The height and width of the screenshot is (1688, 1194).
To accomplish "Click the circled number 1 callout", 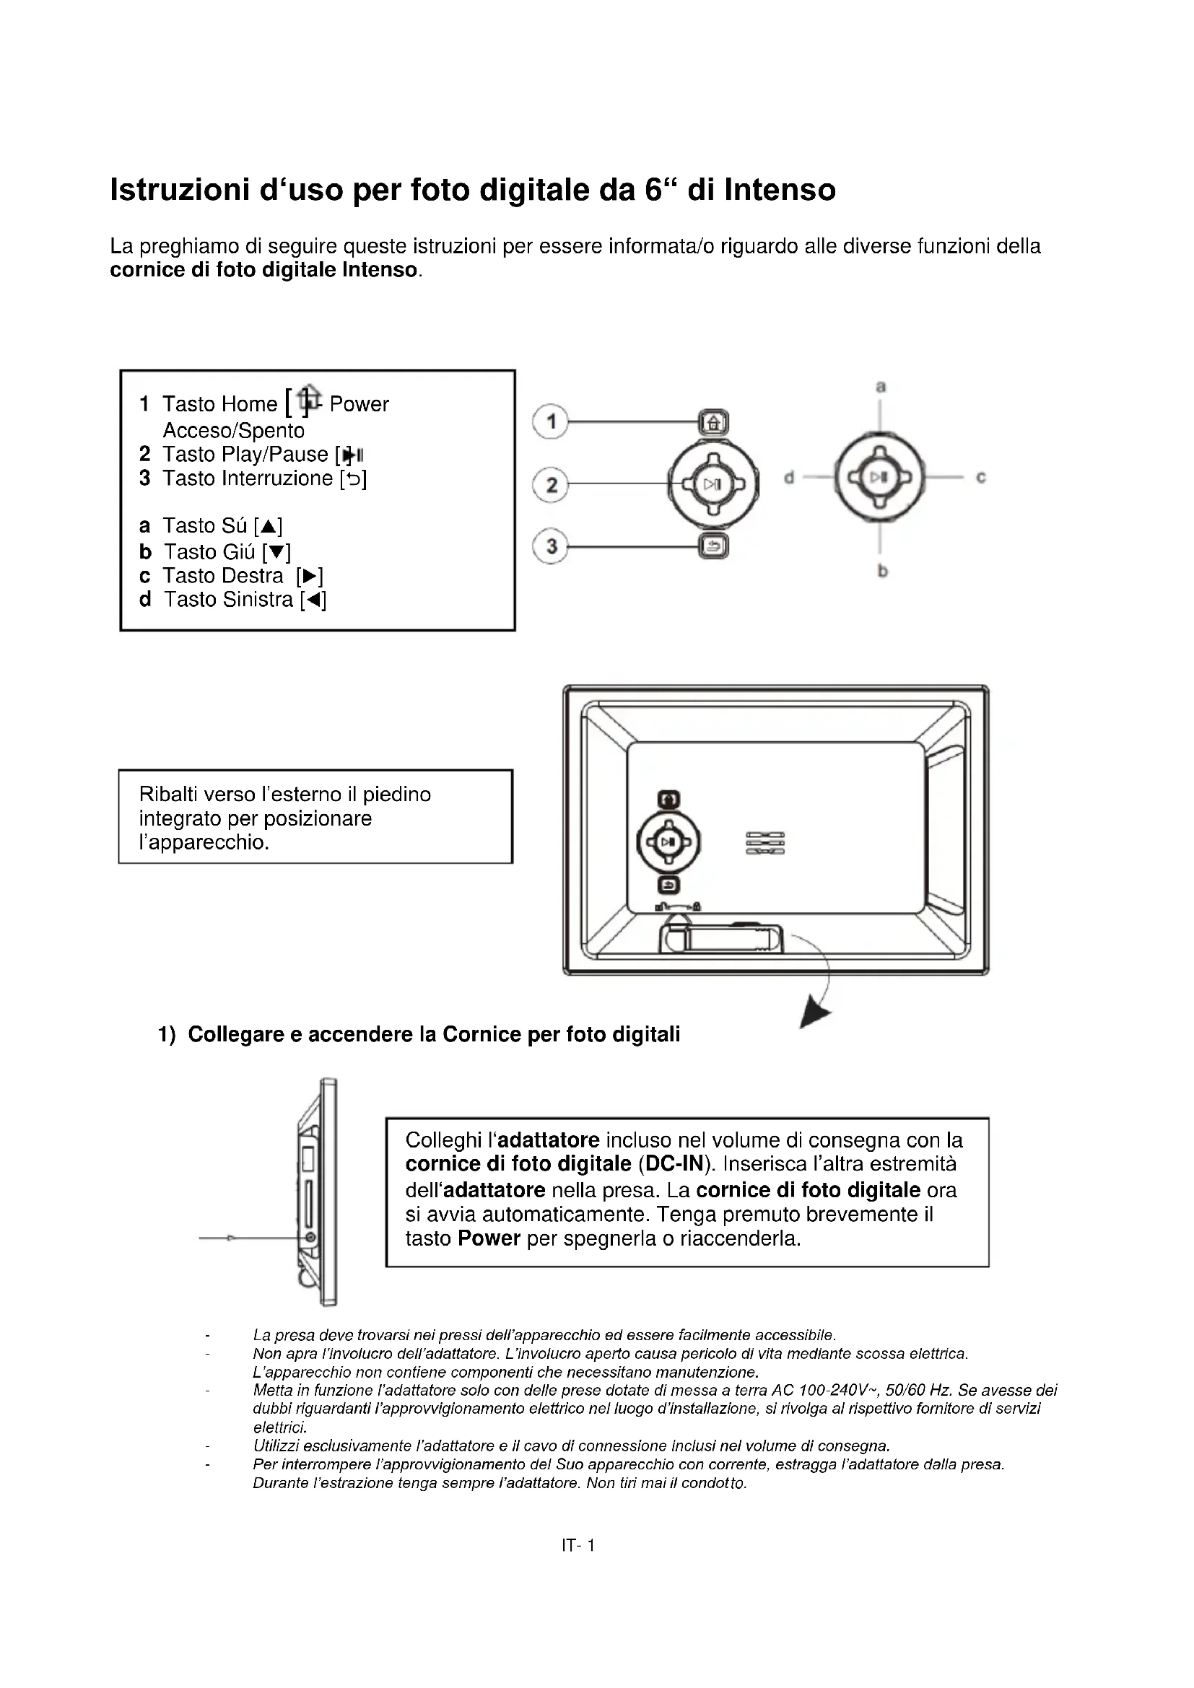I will tap(550, 422).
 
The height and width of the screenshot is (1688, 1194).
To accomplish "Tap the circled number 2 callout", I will tap(550, 484).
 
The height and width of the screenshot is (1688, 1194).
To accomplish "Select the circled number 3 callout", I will tap(550, 546).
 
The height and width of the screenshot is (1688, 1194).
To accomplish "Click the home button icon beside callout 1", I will tap(713, 423).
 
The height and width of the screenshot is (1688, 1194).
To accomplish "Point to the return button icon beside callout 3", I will tap(713, 546).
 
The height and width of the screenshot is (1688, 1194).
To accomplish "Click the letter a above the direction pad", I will tap(881, 387).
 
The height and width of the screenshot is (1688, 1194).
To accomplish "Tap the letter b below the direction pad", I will tap(882, 571).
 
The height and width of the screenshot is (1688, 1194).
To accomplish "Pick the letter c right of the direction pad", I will tap(980, 478).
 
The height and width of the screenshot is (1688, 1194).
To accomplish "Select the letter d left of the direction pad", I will tap(789, 478).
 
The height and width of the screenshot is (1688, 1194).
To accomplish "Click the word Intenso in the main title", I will tap(780, 190).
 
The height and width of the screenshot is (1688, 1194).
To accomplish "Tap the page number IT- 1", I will tap(578, 1545).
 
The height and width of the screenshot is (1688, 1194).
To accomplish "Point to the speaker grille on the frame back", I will tap(764, 843).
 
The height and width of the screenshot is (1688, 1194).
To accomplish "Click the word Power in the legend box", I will tap(359, 404).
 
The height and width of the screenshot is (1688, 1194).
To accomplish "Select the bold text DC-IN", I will tap(675, 1164).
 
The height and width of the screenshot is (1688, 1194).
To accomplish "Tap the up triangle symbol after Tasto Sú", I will tap(269, 526).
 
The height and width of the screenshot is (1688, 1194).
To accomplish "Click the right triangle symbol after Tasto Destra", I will tap(310, 576).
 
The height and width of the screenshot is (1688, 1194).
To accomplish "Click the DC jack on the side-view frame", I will tap(311, 1238).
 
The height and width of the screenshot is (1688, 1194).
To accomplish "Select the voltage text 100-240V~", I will tap(839, 1391).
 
